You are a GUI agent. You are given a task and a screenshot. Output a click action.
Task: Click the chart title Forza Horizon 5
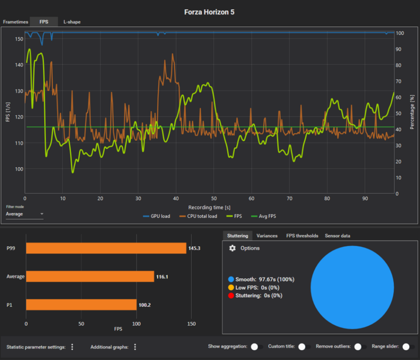(x=209, y=12)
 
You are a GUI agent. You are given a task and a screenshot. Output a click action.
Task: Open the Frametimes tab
(x=15, y=22)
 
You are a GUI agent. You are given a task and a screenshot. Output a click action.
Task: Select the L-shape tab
(x=72, y=22)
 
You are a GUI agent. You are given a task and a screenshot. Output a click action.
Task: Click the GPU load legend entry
(x=156, y=216)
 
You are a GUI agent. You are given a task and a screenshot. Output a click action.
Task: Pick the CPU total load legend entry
(x=198, y=216)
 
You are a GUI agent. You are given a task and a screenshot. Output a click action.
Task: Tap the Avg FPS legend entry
(x=263, y=216)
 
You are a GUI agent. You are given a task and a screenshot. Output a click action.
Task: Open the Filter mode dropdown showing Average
(x=24, y=214)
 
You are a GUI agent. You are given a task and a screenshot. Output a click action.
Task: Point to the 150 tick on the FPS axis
(x=19, y=39)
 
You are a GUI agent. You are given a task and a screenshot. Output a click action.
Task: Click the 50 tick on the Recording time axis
(x=214, y=199)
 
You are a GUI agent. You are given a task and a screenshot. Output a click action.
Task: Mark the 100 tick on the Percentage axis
(x=400, y=33)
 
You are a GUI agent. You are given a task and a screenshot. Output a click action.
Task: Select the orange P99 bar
(x=106, y=248)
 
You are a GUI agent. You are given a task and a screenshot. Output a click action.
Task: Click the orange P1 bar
(x=81, y=305)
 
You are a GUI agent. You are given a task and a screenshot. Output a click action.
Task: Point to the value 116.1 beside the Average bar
(x=162, y=277)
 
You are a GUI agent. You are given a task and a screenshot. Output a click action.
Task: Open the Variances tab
(x=267, y=236)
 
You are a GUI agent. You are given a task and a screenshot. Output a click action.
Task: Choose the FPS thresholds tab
(x=302, y=236)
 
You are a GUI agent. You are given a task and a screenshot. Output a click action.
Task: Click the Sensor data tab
(x=337, y=236)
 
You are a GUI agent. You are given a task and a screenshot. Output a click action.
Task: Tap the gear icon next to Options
(x=232, y=248)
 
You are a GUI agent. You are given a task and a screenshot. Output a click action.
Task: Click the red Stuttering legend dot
(x=231, y=296)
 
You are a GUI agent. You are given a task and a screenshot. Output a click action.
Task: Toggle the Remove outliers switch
(x=360, y=346)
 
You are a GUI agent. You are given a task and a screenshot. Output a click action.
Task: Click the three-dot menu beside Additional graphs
(x=135, y=347)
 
